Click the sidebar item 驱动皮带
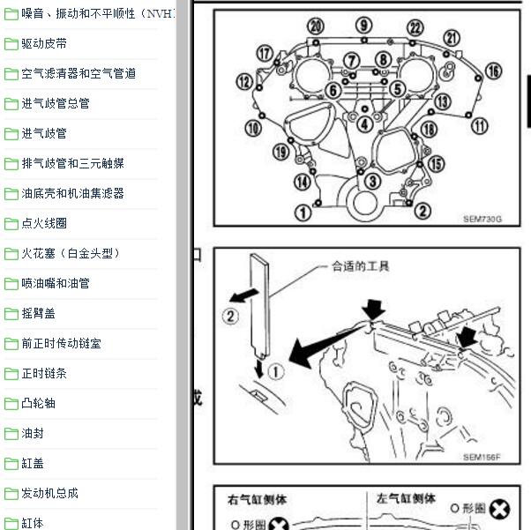point(43,43)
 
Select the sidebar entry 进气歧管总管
point(56,103)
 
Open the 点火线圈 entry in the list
point(44,223)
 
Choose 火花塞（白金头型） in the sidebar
point(71,253)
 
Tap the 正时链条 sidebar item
point(44,373)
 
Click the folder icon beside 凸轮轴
point(11,403)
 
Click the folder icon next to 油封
point(11,433)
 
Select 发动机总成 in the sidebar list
point(49,493)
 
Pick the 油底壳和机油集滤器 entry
point(72,193)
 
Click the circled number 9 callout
point(363,24)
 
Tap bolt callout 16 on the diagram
point(492,71)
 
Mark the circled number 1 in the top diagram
point(303,212)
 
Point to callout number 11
point(479,126)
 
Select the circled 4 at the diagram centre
point(364,124)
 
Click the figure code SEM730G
point(482,219)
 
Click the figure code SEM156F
point(482,457)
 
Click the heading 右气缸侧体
point(257,498)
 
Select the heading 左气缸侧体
point(406,498)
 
